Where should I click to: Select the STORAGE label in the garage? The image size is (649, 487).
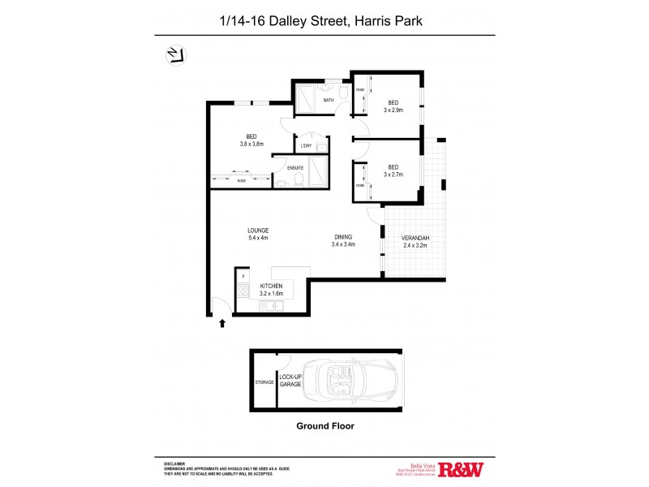[264, 381]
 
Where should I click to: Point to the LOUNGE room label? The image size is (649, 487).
[258, 231]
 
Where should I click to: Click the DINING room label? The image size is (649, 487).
[342, 237]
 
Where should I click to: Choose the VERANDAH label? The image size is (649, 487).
[415, 237]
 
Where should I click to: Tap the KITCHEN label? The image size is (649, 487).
[271, 287]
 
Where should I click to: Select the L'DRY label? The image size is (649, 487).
[306, 146]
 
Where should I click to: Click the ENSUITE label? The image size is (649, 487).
[295, 168]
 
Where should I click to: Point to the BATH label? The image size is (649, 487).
[329, 101]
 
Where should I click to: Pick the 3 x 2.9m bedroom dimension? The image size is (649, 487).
[393, 110]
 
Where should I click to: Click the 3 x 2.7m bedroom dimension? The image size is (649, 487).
[393, 174]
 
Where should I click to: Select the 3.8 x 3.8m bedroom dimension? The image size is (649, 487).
[252, 144]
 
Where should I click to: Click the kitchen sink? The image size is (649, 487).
[271, 306]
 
